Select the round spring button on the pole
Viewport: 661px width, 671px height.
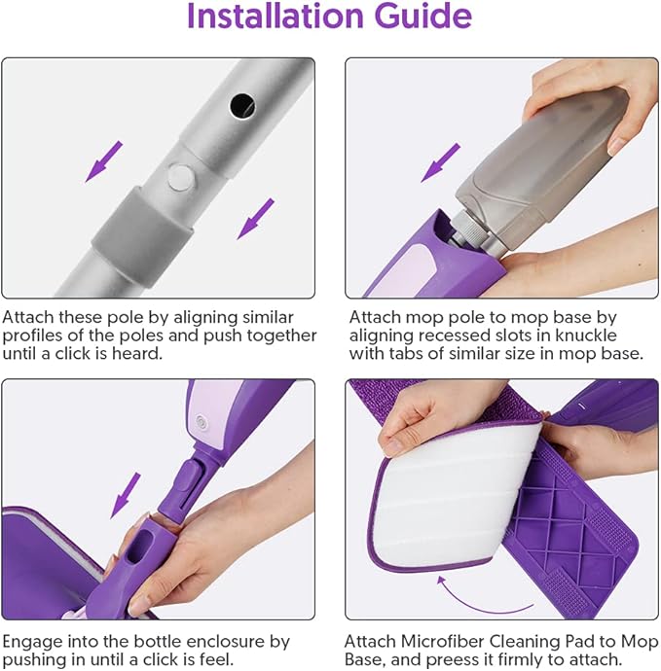point(179,176)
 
